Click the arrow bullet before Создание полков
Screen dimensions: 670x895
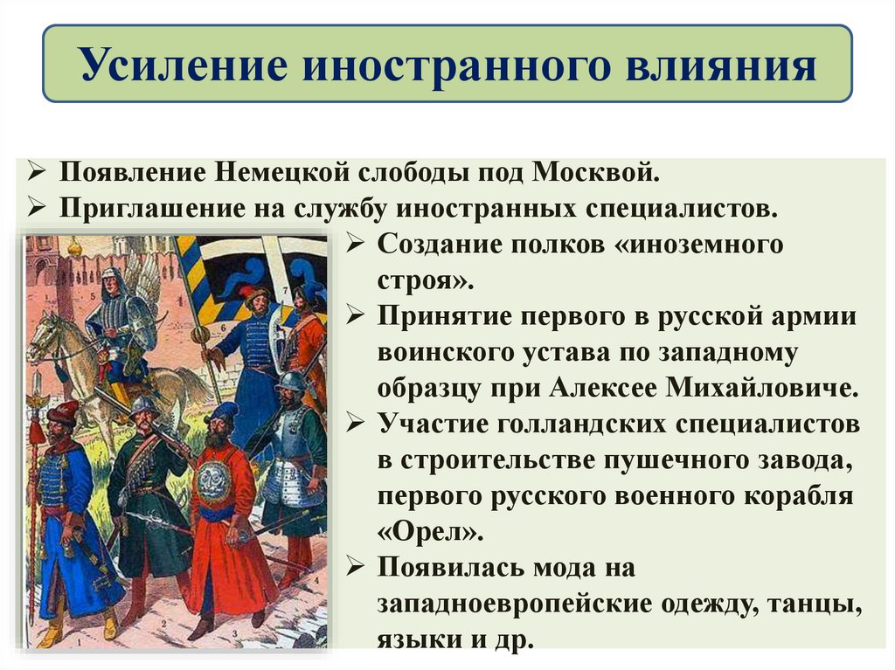(x=356, y=245)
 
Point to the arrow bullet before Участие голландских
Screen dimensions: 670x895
(x=356, y=424)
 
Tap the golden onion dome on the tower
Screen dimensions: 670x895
(x=74, y=247)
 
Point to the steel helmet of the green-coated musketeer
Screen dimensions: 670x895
(x=144, y=404)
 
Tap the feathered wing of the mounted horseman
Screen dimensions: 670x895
(x=149, y=280)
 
